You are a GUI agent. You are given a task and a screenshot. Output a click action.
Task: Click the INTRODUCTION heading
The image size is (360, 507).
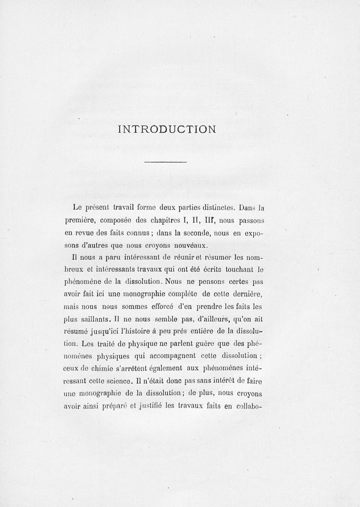(x=167, y=129)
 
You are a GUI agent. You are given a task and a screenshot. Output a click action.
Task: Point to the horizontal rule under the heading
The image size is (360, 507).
(x=166, y=162)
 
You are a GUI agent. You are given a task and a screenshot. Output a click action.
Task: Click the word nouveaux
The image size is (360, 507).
(x=188, y=246)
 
